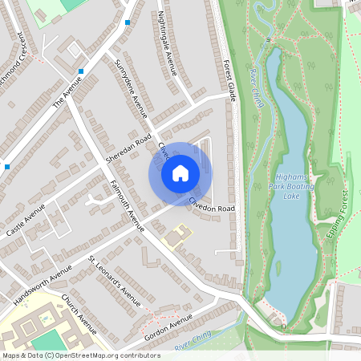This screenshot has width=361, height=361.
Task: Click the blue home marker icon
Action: pos(180,172)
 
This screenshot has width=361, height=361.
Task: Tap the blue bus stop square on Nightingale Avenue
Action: pos(128,22)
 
